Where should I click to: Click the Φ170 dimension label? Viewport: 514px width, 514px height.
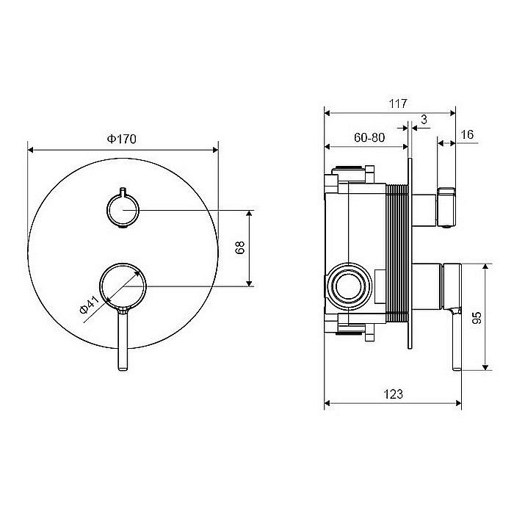click(x=123, y=138)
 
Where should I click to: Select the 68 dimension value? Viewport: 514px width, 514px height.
click(x=240, y=248)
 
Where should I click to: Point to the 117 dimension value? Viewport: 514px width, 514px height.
click(x=398, y=104)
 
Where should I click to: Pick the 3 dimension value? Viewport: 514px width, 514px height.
click(x=424, y=120)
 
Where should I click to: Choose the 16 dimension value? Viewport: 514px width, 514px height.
click(x=468, y=135)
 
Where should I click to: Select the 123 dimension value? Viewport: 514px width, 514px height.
click(x=393, y=394)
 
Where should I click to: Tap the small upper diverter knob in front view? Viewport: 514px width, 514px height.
click(x=123, y=210)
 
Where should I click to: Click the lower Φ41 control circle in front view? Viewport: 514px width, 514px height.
click(x=123, y=284)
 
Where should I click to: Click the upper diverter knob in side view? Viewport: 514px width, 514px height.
click(x=446, y=207)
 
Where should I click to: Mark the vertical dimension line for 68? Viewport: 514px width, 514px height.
click(x=250, y=248)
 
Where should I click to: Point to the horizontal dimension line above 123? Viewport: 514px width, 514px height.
click(x=393, y=403)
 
